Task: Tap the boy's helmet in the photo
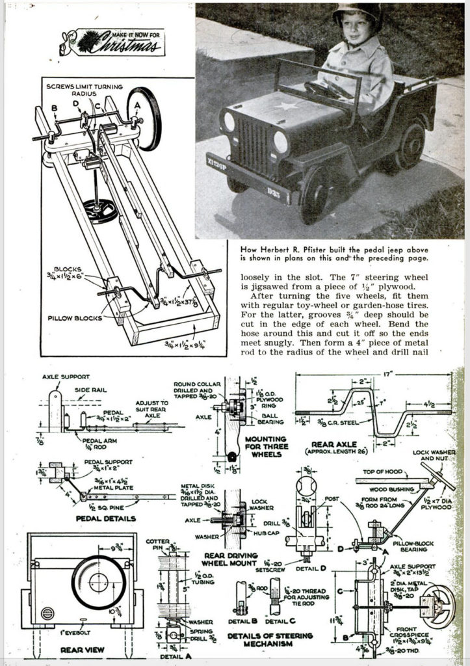(356, 14)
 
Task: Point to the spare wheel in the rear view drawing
(99, 581)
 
